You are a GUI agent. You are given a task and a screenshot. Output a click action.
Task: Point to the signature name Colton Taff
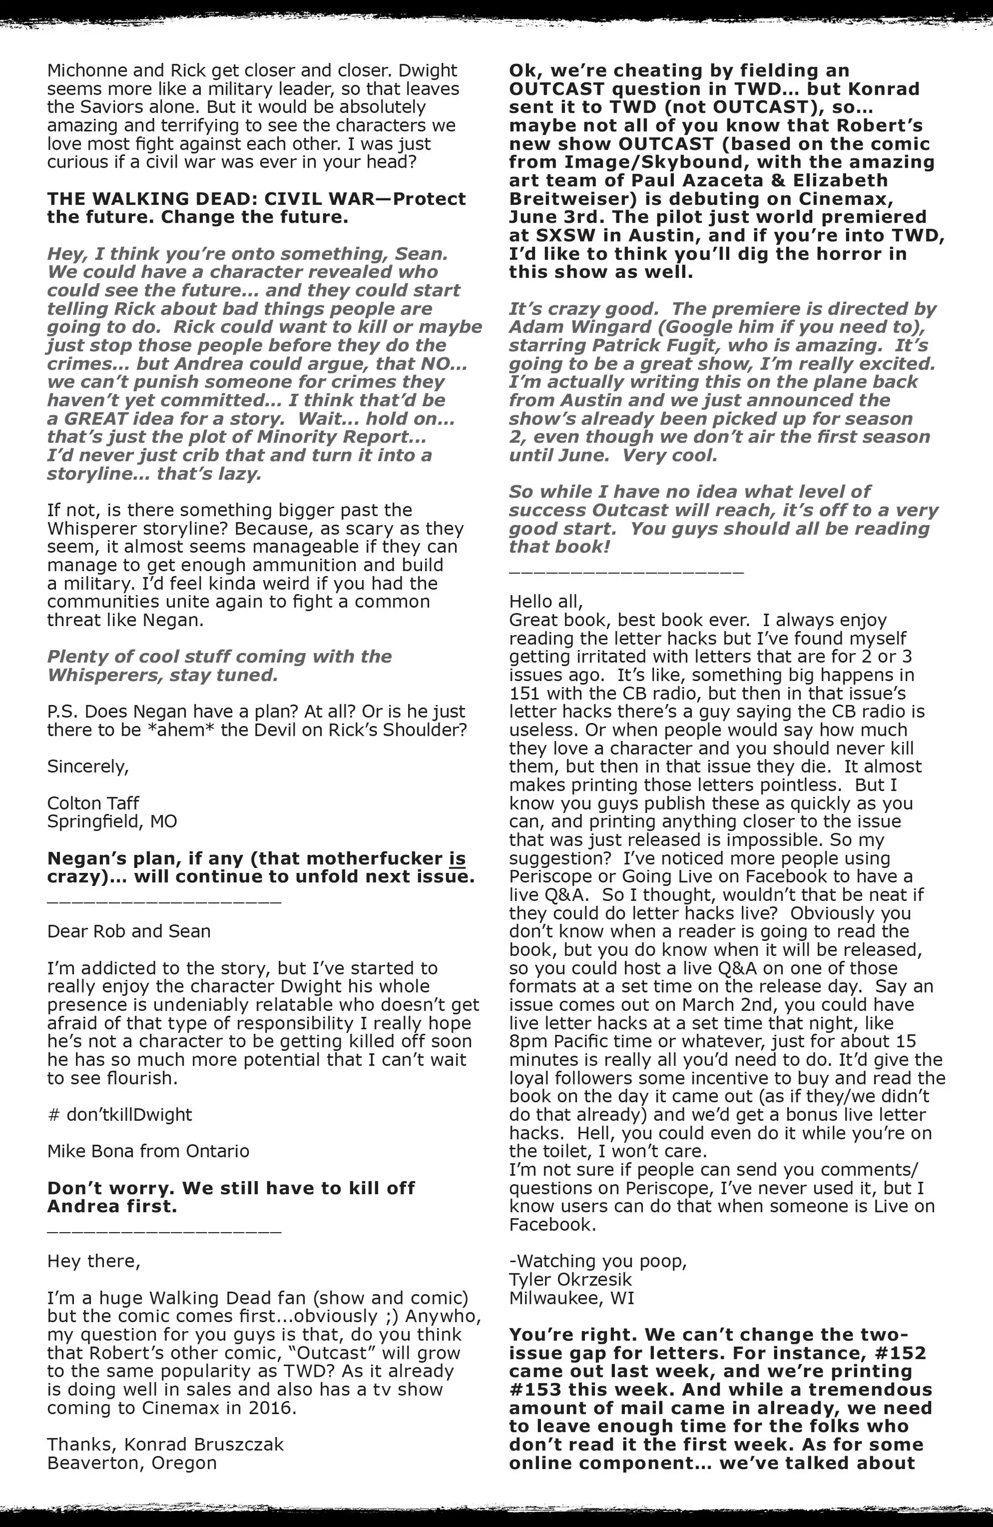(x=93, y=803)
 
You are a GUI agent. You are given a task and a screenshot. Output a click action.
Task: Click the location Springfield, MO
(x=112, y=821)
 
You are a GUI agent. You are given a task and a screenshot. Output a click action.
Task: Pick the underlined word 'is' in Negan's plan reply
(x=457, y=858)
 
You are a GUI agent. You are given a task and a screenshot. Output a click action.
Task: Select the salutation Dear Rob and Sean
(x=128, y=931)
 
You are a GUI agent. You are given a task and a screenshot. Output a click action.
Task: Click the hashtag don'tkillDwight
(x=120, y=1115)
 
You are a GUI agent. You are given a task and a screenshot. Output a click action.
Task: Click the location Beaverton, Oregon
(x=131, y=1463)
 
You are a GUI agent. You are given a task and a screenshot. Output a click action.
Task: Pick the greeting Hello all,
(x=546, y=601)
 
